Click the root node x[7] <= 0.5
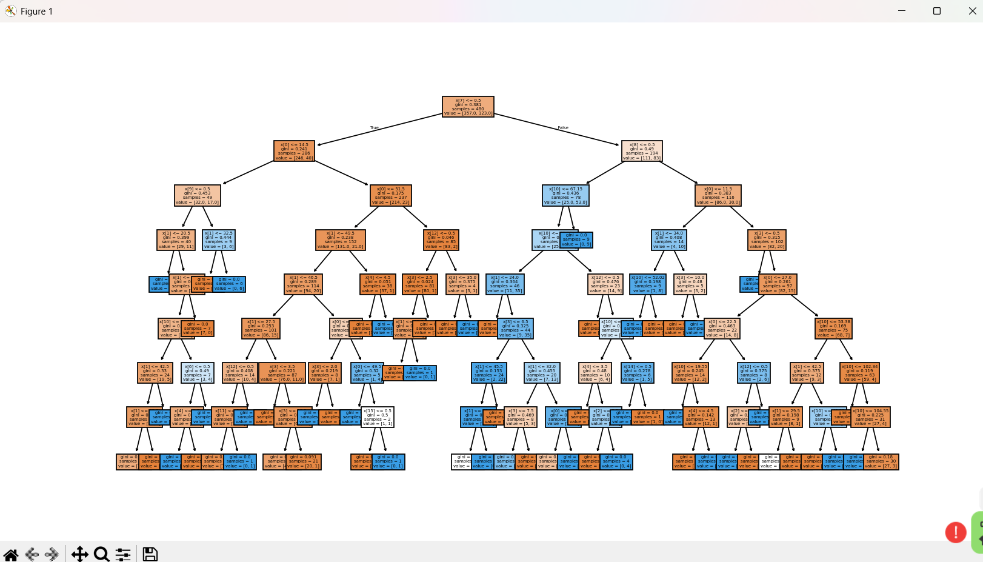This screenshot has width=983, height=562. point(468,106)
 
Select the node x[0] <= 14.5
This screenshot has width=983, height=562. point(294,151)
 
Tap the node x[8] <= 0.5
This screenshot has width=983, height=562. point(642,151)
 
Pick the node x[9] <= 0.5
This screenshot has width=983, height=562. point(198,195)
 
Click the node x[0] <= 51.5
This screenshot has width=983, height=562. point(391,195)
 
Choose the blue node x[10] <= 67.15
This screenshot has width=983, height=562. point(565,195)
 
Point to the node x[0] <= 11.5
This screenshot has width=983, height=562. point(718,195)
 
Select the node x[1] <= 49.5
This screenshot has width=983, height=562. point(341,239)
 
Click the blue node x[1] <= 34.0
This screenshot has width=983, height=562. point(669,239)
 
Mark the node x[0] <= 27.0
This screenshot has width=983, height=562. point(778,284)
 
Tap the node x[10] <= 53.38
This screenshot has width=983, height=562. point(834,328)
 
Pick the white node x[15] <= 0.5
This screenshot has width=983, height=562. point(378,417)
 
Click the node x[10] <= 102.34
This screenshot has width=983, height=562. point(859,373)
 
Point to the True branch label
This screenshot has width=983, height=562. point(375,128)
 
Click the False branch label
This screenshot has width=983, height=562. point(563,128)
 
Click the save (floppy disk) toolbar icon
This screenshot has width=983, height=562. point(150,554)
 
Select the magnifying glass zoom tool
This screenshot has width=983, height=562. point(101,554)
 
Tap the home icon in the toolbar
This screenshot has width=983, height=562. point(11,554)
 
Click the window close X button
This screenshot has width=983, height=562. point(972,11)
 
